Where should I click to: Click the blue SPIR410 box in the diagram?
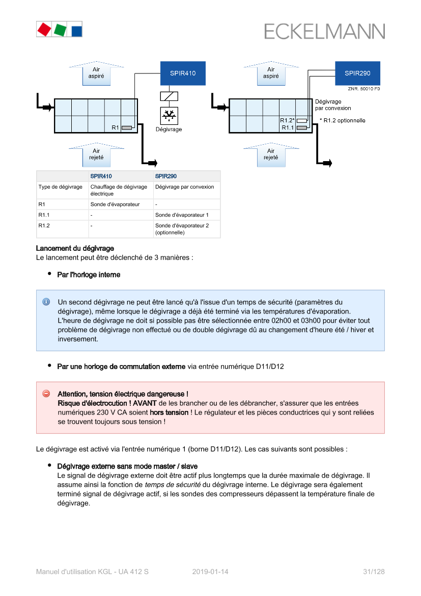[x=183, y=73]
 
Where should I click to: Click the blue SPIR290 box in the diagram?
[x=357, y=73]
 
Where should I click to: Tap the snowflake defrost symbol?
[x=169, y=116]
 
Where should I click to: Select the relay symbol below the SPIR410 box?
[x=169, y=96]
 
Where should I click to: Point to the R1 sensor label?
[x=115, y=127]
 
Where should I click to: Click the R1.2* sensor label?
[x=287, y=120]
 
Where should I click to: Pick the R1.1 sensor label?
[x=288, y=127]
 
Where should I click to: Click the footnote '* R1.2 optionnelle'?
[x=342, y=121]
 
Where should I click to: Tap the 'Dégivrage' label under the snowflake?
[x=169, y=129]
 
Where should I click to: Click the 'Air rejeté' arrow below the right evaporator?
[x=271, y=154]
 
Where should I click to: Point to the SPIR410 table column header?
[x=101, y=176]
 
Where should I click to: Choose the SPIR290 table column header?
[x=166, y=176]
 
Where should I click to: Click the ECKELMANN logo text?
[x=324, y=31]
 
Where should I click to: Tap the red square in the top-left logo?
[x=44, y=29]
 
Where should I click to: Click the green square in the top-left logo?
[x=60, y=30]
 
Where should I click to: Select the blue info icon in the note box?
[x=46, y=302]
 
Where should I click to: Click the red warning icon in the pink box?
[x=46, y=394]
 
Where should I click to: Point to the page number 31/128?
[x=374, y=572]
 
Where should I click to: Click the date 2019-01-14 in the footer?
[x=210, y=572]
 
